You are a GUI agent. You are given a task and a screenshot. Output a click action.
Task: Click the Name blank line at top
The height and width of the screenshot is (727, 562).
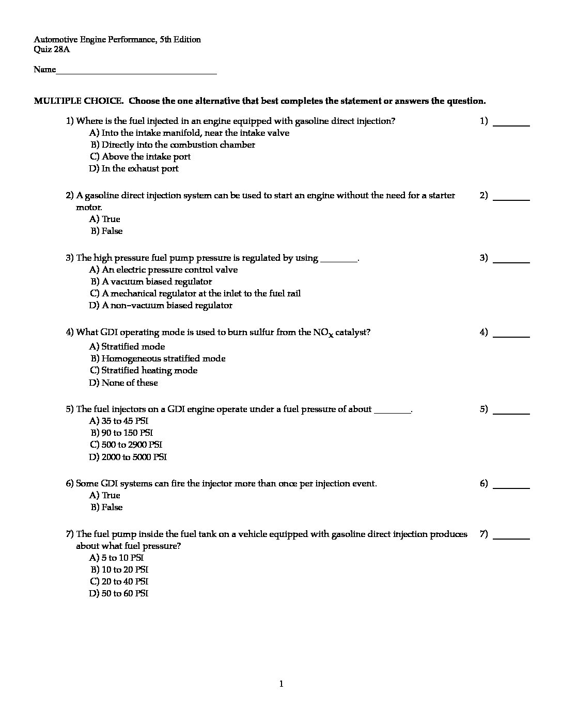coord(136,71)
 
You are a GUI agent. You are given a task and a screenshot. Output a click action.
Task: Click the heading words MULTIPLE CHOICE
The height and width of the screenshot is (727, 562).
coord(78,101)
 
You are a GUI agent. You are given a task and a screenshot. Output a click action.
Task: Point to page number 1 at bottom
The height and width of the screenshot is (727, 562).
coord(281,685)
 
